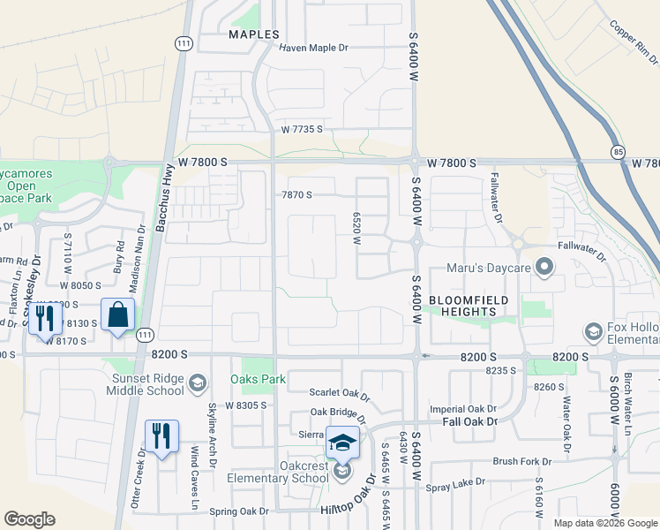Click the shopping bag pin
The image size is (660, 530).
tap(117, 315)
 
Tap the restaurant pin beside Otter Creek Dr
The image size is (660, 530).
tap(161, 436)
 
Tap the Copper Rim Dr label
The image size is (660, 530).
tap(634, 45)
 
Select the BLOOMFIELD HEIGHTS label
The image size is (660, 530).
tap(461, 306)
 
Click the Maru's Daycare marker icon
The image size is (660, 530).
tap(544, 264)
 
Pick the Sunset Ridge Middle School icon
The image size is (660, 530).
tap(198, 382)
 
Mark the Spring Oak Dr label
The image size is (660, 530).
tap(238, 511)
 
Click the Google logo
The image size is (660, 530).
tap(29, 520)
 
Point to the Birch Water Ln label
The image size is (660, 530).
tap(628, 396)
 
